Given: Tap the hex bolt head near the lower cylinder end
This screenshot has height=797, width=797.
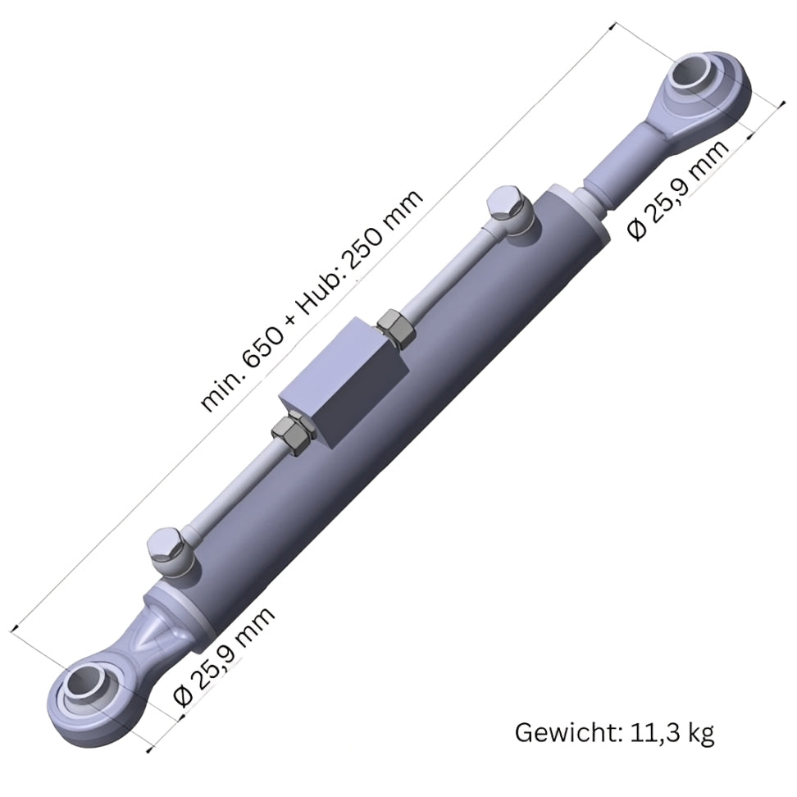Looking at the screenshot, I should (x=168, y=548).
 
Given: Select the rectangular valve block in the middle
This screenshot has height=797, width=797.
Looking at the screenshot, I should (x=344, y=381).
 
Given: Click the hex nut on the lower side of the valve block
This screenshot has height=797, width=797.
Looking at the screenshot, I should (x=290, y=432).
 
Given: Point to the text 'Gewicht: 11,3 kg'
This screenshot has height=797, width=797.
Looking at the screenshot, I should (x=614, y=732).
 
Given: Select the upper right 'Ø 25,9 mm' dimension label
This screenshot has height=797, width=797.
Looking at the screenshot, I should (x=678, y=189).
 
